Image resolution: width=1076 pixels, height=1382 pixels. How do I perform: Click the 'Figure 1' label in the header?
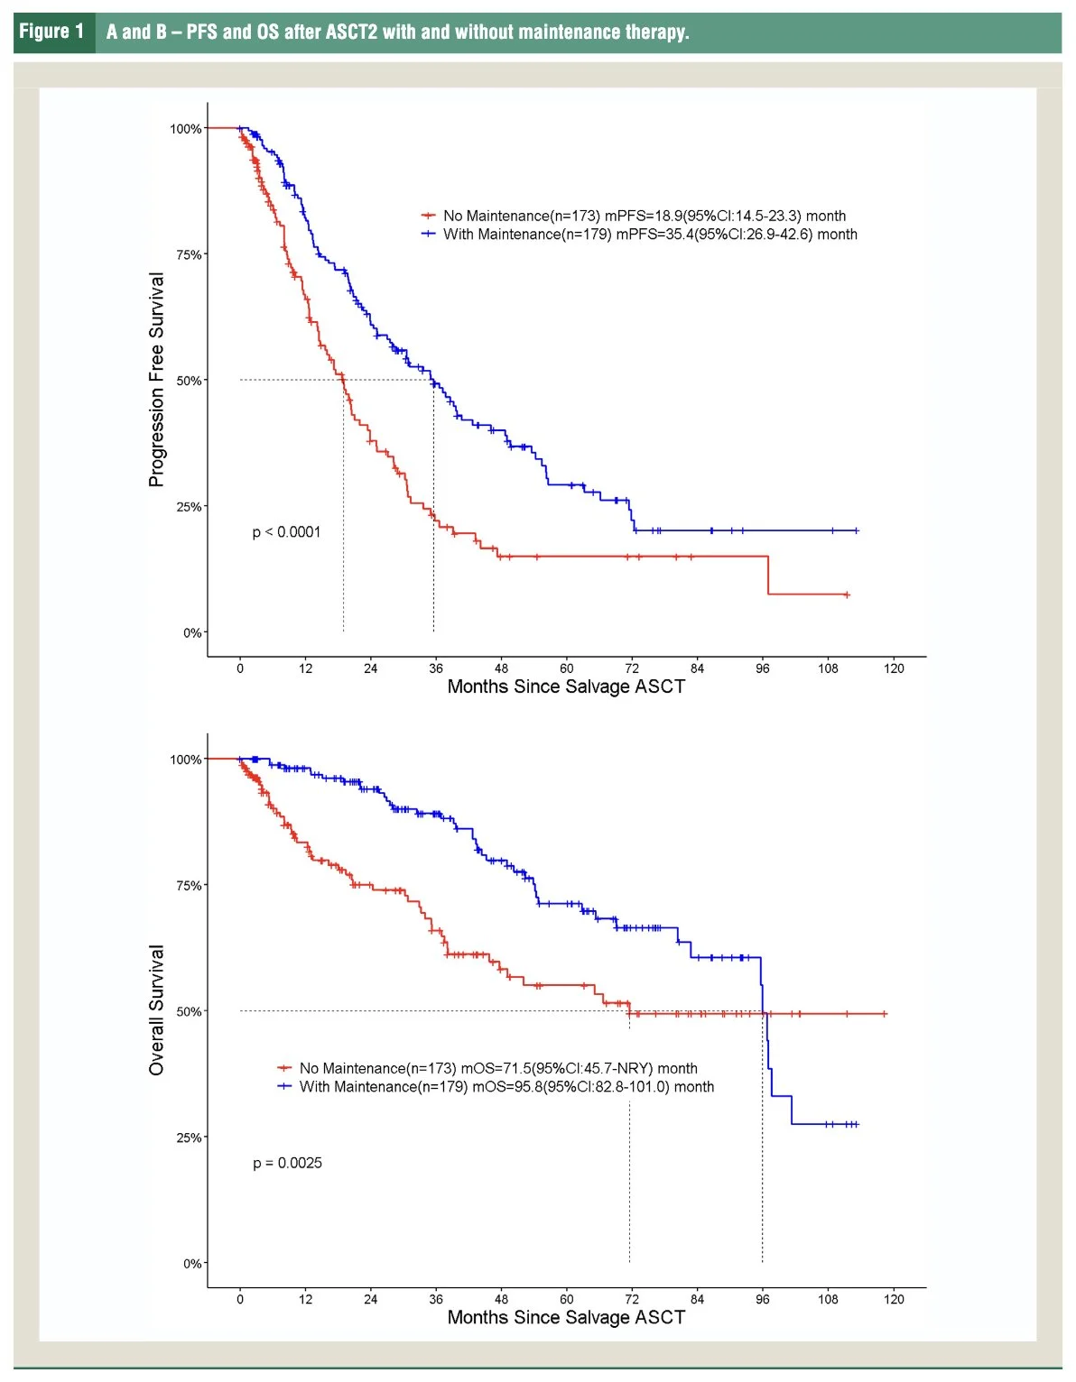tap(51, 32)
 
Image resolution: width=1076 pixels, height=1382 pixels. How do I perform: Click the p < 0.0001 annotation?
tap(286, 532)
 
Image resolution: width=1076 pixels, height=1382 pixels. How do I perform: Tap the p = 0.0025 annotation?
tap(287, 1163)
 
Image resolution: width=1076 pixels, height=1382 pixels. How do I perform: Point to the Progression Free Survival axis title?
tap(157, 380)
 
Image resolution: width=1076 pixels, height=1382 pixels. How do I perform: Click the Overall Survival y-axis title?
tap(157, 1010)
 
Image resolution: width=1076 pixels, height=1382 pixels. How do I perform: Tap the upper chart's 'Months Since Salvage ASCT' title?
tap(566, 686)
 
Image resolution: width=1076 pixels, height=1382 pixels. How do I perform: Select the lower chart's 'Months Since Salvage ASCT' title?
tap(566, 1317)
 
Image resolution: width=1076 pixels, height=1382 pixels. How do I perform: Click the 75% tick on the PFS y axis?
tap(189, 254)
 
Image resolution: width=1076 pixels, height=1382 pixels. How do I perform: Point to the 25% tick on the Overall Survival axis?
tap(189, 1138)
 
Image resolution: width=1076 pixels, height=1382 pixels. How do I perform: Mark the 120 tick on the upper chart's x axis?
tap(894, 668)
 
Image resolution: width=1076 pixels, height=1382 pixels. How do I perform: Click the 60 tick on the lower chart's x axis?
tap(566, 1299)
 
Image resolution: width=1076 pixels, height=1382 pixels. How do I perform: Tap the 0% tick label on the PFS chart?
tap(192, 632)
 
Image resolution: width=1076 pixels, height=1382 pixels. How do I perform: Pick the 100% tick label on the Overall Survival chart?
tap(186, 760)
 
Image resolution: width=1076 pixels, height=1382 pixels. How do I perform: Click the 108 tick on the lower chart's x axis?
tap(828, 1299)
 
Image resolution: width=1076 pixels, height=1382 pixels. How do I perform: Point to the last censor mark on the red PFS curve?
tap(847, 594)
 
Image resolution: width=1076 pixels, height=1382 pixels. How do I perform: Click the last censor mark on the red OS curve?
tap(885, 1014)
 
